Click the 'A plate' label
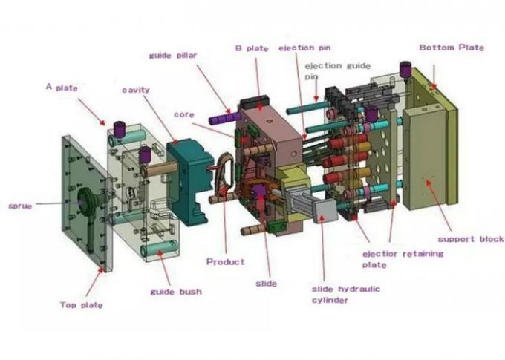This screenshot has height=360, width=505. coord(62,87)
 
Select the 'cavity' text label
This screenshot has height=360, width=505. coord(136,90)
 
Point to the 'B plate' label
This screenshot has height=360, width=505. coord(252,48)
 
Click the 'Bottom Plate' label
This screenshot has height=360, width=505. coord(451,48)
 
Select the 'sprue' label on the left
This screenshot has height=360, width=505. coord(19,206)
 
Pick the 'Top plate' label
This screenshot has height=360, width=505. coord(81,304)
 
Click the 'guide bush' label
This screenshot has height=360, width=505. coord(175,292)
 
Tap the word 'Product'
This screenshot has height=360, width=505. coord(225,261)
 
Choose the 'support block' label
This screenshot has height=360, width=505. coord(470,239)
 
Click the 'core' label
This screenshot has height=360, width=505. coord(183,115)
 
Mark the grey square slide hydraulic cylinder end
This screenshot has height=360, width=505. coord(325,209)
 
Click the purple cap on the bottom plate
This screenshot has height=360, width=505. coord(405,69)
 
